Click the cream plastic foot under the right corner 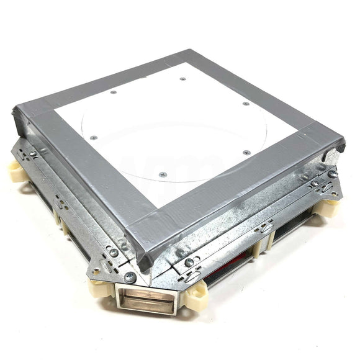click(330, 205)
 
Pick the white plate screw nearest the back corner click(183, 79)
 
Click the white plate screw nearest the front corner click(163, 174)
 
